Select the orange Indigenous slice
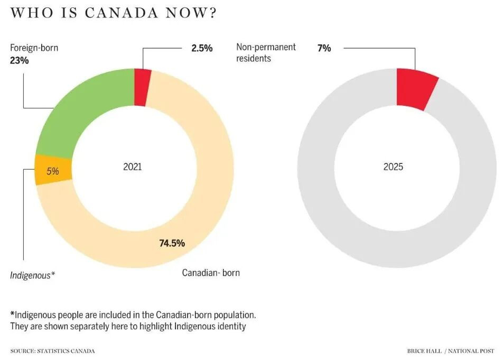[x=52, y=170]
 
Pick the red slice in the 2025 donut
[x=416, y=89]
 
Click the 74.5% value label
[x=172, y=243]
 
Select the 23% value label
[x=19, y=60]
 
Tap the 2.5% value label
[x=202, y=48]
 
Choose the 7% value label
[x=324, y=48]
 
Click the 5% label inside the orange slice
[x=52, y=171]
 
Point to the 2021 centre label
[x=133, y=167]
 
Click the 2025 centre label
[x=393, y=167]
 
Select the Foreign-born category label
[x=34, y=48]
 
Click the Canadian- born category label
[x=211, y=273]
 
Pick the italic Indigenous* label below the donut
[x=33, y=275]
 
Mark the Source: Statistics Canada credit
[x=52, y=351]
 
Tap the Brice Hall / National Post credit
[x=451, y=351]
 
